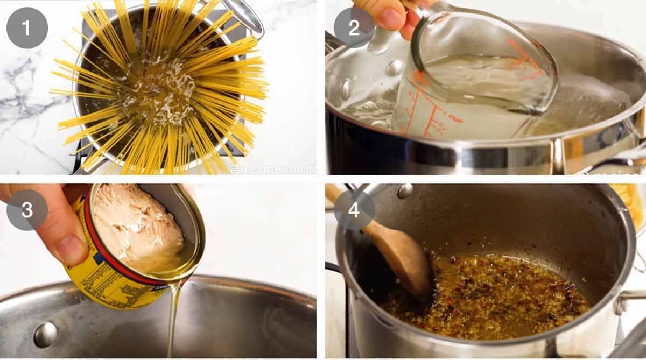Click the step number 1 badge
tap(27, 27)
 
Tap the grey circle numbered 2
tap(354, 27)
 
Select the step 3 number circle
tap(27, 210)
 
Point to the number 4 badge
tap(354, 210)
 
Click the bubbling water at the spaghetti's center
tap(161, 86)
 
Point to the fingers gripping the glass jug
tap(385, 16)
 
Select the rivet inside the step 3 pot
tap(45, 334)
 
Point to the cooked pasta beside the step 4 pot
tap(630, 204)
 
